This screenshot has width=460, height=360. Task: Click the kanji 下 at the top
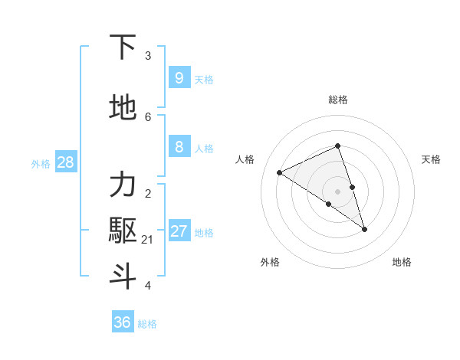pos(123,47)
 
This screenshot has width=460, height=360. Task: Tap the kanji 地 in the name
pos(123,108)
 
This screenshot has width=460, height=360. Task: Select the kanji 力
pos(123,186)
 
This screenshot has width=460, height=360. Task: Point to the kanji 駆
pos(123,231)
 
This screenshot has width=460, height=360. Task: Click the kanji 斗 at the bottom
pos(123,277)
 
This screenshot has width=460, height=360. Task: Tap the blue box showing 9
pos(179,77)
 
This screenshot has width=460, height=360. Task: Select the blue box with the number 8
pos(179,148)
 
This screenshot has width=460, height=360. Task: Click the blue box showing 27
pos(179,232)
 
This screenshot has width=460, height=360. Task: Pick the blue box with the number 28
pos(64,162)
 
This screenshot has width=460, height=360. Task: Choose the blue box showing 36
pos(122,322)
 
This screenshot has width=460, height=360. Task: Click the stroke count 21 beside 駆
pos(148,240)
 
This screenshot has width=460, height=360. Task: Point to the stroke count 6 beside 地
pos(148,116)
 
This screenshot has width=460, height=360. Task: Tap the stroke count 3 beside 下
pos(148,56)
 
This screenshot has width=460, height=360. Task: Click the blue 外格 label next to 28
pos(40,164)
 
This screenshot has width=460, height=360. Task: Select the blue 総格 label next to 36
pos(147,324)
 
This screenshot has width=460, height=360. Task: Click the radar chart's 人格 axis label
pos(245,159)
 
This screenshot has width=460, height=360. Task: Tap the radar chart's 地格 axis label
pos(402,263)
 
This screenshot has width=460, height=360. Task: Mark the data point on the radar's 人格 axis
pos(280,172)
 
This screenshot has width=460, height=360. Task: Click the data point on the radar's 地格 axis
pos(364,229)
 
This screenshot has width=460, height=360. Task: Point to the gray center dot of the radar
pos(337,191)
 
